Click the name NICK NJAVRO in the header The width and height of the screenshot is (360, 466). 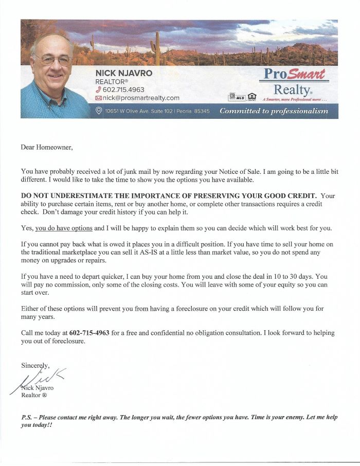coord(124,73)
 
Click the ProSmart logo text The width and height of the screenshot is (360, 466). coord(294,75)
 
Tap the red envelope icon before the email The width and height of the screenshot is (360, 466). coord(98,98)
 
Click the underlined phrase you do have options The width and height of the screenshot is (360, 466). coord(64,228)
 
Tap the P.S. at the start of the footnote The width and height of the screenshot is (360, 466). coord(26,417)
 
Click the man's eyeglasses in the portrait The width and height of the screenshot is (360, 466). coord(53,59)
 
